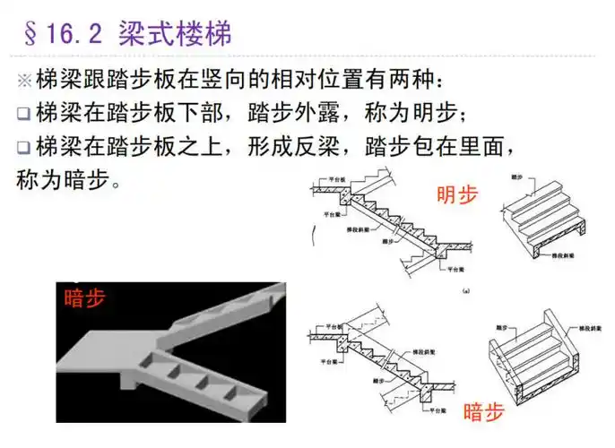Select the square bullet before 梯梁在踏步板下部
tap(23, 115)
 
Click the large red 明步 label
tap(457, 195)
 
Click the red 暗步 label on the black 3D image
tap(84, 297)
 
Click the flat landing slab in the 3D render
tap(108, 349)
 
